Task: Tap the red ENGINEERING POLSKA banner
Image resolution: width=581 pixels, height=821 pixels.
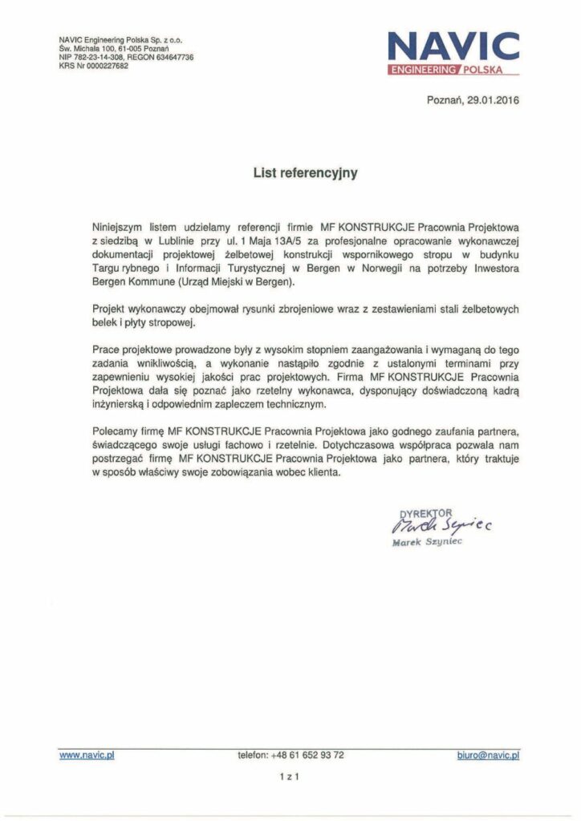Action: [453, 71]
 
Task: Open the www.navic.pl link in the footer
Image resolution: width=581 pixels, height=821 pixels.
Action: [87, 754]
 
